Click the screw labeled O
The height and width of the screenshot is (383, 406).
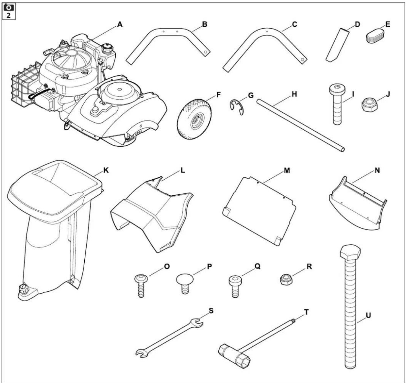[141, 285]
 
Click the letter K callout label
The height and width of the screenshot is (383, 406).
[106, 170]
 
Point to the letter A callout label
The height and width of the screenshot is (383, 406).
[120, 25]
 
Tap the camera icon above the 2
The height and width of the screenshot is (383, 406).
[9, 7]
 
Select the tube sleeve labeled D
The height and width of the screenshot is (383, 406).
[337, 44]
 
